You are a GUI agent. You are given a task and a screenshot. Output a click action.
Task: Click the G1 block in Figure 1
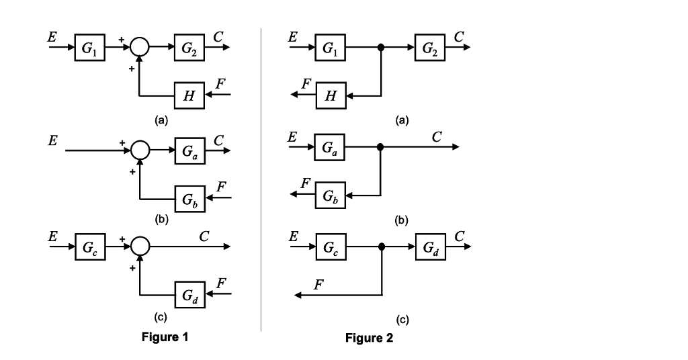click(x=90, y=48)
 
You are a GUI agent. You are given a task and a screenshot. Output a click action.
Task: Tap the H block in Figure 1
click(x=189, y=95)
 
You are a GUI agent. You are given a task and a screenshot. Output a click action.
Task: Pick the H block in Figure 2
click(x=331, y=95)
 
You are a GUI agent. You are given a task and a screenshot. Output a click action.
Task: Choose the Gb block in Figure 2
click(x=331, y=196)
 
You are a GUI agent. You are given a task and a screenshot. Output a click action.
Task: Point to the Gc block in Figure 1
click(x=90, y=247)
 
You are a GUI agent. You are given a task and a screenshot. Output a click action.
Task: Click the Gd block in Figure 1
click(x=189, y=294)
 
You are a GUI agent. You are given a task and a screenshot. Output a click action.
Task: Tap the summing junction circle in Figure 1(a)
click(x=139, y=48)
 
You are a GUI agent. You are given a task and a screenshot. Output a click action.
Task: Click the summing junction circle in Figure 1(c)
click(x=139, y=247)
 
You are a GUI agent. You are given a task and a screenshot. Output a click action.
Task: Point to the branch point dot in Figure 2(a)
click(x=381, y=48)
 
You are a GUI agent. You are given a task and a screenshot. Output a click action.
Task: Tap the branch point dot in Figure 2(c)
click(x=381, y=247)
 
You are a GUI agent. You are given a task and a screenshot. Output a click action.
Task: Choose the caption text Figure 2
click(x=369, y=338)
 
